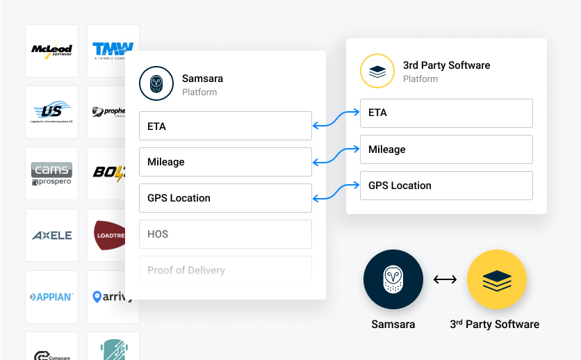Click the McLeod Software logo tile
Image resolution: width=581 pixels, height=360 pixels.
coord(51,51)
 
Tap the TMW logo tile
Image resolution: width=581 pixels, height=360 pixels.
coord(111,51)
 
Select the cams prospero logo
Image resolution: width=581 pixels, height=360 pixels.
coord(51,174)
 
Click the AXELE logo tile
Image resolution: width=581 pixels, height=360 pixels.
coord(51,235)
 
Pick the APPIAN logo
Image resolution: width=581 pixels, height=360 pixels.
coord(51,297)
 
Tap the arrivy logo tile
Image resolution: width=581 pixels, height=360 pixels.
coord(111,297)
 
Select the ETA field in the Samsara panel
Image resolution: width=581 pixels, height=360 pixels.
coord(225,126)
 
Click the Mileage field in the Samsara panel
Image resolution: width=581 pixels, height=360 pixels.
coord(225,162)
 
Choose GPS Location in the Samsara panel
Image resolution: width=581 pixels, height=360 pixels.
coord(225,198)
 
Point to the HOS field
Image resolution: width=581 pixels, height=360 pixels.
coord(225,234)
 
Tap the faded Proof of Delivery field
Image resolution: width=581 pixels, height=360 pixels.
coord(225,270)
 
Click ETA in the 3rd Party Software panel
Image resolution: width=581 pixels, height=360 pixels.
coord(446,113)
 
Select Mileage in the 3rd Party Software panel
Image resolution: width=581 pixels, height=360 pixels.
coord(446,149)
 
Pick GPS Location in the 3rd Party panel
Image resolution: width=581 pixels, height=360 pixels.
coord(446,186)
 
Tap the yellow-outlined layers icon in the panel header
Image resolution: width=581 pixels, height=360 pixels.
coord(377,71)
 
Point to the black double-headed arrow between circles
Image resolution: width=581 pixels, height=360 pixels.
coord(445,279)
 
